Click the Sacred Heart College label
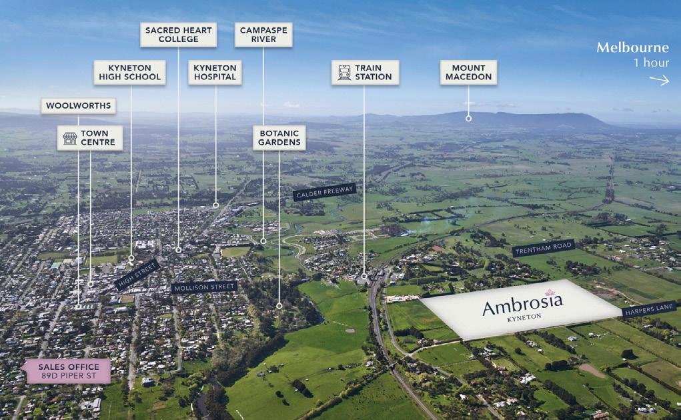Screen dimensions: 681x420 pyautogui.click(x=178, y=34)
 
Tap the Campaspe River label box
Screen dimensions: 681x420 pyautogui.click(x=263, y=34)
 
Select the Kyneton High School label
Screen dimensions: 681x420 pyautogui.click(x=129, y=72)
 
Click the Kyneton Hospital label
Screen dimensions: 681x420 pyautogui.click(x=215, y=72)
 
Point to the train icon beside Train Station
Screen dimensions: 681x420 pyautogui.click(x=344, y=72)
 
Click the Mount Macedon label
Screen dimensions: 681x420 pyautogui.click(x=468, y=72)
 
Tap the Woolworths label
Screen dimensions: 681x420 pyautogui.click(x=79, y=106)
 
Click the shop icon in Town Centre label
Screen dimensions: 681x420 pyautogui.click(x=69, y=138)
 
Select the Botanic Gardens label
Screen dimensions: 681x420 pyautogui.click(x=279, y=137)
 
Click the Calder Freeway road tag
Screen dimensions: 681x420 pyautogui.click(x=324, y=192)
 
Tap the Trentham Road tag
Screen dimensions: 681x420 pyautogui.click(x=543, y=249)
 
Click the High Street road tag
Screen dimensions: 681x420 pyautogui.click(x=137, y=273)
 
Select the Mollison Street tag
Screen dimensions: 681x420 pyautogui.click(x=203, y=287)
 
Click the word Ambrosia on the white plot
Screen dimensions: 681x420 pyautogui.click(x=522, y=306)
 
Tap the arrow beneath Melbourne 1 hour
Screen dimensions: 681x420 pyautogui.click(x=659, y=80)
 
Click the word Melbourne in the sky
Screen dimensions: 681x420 pyautogui.click(x=632, y=48)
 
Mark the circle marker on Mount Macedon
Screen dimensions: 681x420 pyautogui.click(x=468, y=118)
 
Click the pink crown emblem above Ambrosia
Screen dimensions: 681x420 pyautogui.click(x=550, y=291)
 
